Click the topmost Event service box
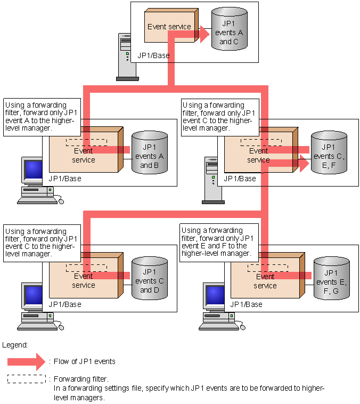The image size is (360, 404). (169, 27)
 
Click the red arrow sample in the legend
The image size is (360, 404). (27, 362)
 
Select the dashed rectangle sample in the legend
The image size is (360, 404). (27, 379)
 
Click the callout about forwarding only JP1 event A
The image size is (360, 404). (42, 117)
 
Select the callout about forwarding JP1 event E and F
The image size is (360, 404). (219, 241)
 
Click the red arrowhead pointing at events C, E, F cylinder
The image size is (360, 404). (304, 164)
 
